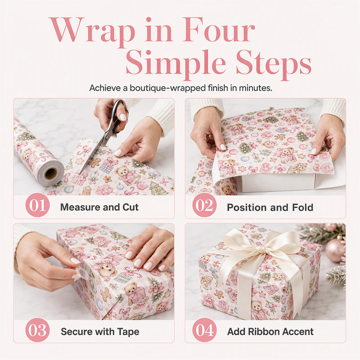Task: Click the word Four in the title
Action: point(218,29)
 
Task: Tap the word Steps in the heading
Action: point(273,63)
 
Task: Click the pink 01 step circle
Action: point(37,205)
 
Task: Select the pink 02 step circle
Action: point(204,205)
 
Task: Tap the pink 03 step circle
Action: point(37,330)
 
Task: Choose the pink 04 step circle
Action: point(204,330)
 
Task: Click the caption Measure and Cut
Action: point(99,207)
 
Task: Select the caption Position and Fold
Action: point(270,207)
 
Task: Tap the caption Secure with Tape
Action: point(100,332)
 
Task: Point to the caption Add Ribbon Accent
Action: point(270,332)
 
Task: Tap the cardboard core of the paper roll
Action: point(51,174)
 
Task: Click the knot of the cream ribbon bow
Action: point(262,249)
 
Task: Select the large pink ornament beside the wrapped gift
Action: point(335,251)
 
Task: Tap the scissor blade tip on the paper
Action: point(80,174)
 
